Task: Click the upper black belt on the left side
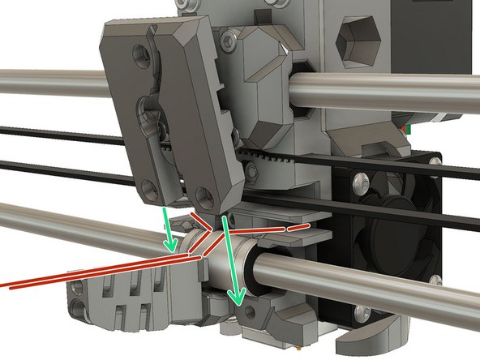pyautogui.click(x=49, y=133)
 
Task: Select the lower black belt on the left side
pyautogui.click(x=49, y=168)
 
